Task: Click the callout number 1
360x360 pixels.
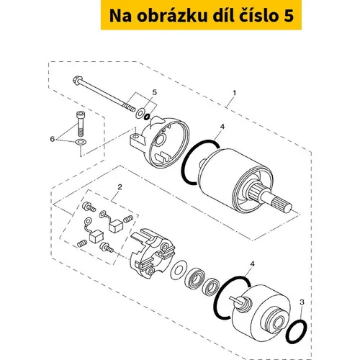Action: tap(234, 93)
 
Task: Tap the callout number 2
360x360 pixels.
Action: tap(120, 186)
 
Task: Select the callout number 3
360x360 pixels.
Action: tap(302, 302)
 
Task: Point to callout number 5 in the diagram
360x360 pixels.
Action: tap(155, 92)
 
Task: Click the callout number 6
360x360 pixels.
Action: tap(53, 139)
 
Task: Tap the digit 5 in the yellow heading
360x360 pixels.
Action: tap(289, 16)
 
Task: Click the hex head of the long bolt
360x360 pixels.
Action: tap(77, 80)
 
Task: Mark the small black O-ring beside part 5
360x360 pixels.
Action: tap(147, 117)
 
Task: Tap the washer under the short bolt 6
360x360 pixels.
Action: tap(81, 143)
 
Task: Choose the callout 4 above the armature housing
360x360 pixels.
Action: tap(222, 127)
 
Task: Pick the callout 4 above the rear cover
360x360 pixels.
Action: tap(252, 264)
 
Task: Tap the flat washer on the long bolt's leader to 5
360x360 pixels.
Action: tap(140, 112)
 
